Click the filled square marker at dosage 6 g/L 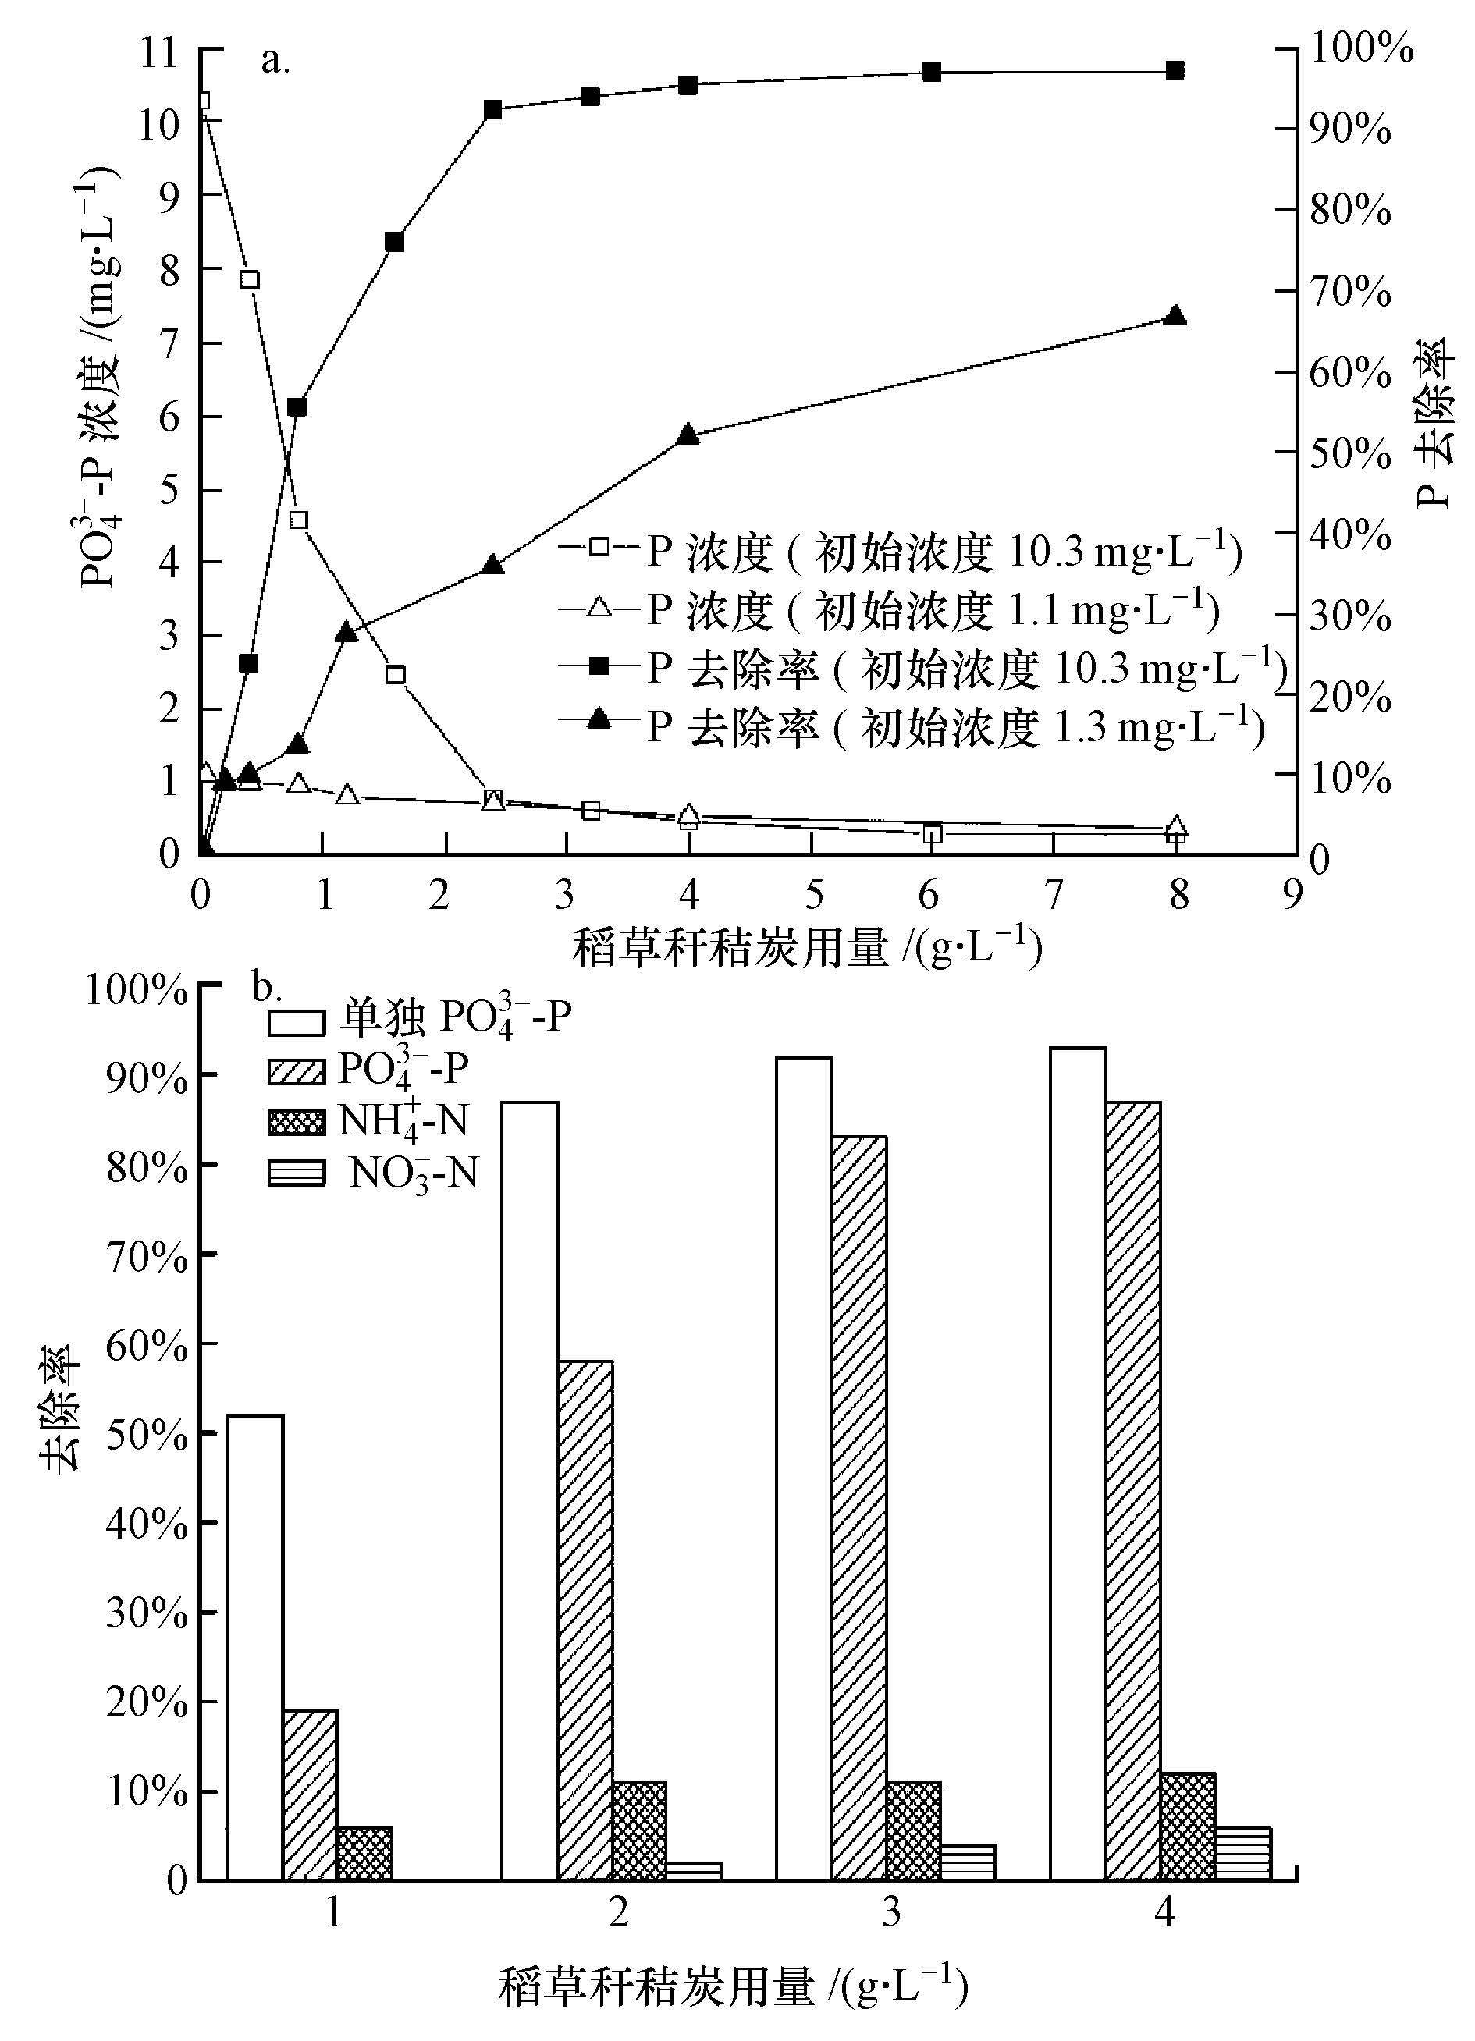(932, 72)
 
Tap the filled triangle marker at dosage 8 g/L (1175, 317)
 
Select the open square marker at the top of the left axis (202, 100)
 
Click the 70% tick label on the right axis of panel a (1350, 293)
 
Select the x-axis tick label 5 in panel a (812, 895)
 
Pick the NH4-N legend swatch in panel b (296, 1121)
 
